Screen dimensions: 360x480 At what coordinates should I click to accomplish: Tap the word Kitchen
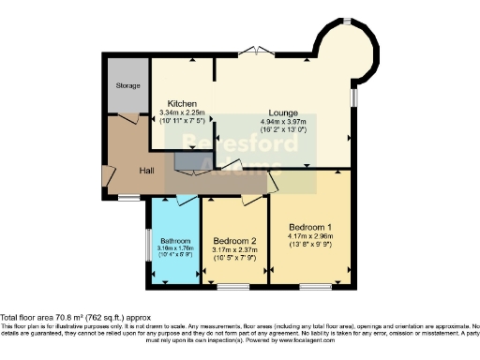coord(181,103)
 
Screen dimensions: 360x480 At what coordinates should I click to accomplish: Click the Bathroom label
coord(173,241)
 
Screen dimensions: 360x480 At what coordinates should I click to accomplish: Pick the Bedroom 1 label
coord(308,228)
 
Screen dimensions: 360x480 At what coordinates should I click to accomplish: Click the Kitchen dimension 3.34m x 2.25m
coord(181,112)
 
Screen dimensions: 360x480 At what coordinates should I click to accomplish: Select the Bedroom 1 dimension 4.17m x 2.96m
coord(308,237)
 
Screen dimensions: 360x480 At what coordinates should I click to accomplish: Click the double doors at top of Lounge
coord(250,52)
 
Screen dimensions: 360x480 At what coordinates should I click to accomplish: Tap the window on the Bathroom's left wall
coord(148,246)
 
